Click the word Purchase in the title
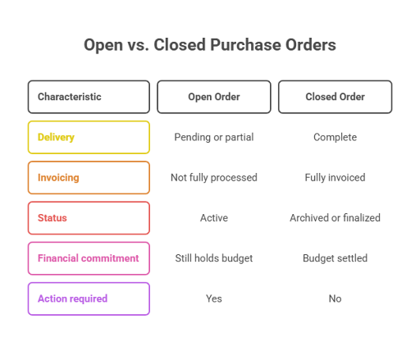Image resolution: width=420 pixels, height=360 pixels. click(245, 45)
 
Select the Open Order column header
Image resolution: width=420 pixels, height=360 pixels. click(214, 97)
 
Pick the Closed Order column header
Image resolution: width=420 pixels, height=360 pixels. click(335, 97)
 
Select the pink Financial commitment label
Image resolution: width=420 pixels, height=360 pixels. click(89, 258)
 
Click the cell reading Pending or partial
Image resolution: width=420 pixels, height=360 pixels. click(214, 137)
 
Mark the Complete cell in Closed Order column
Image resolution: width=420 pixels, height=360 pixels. click(335, 137)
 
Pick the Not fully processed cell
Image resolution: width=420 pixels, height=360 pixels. click(214, 178)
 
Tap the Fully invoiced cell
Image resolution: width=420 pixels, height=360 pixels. click(335, 178)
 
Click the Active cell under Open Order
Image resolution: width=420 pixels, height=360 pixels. click(214, 218)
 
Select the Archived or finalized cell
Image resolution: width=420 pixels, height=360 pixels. click(335, 218)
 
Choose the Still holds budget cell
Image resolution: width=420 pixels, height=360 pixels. click(214, 258)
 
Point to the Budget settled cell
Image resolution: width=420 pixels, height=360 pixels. click(335, 258)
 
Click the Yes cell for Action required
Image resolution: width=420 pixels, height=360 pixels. click(214, 298)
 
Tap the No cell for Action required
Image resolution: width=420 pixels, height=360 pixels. click(335, 298)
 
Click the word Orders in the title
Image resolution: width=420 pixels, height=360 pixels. click(311, 45)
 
